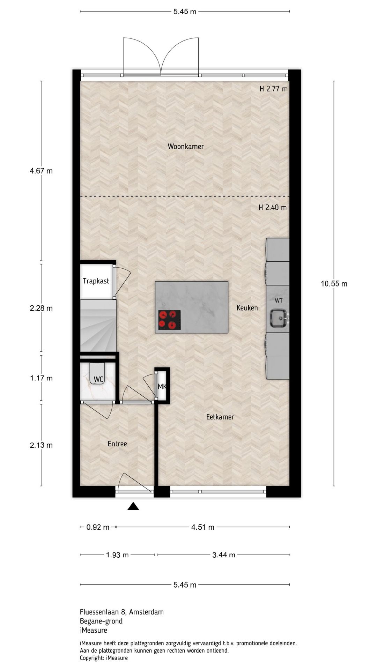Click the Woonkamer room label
185,147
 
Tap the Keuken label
247,308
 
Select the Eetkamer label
220,417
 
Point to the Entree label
117,444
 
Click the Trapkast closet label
96,281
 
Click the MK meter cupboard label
162,387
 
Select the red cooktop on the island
169,320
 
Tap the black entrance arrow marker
133,506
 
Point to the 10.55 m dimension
334,284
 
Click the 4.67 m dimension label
41,171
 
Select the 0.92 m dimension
98,527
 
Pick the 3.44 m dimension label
223,555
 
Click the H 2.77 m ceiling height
273,89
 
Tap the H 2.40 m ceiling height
272,208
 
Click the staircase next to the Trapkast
98,326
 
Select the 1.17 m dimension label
41,378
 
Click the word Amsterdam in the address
146,612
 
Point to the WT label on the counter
279,300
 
